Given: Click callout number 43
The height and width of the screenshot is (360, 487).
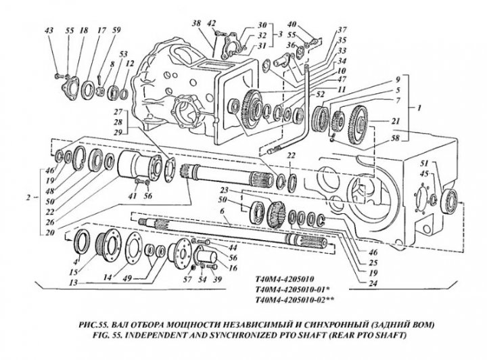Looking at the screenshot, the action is (49, 30).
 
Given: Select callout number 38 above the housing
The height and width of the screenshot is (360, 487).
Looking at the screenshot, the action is (196, 23).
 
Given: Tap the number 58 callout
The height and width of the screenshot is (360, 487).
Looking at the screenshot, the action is (396, 137).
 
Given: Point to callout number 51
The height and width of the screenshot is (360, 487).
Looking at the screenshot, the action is (425, 163).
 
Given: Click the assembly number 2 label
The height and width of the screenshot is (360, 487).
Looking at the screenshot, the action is (28, 197).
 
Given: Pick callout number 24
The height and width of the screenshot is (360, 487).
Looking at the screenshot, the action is (373, 283).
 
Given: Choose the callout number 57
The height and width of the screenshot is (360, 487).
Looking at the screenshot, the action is (187, 279).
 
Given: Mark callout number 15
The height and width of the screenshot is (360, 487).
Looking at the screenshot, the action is (74, 273).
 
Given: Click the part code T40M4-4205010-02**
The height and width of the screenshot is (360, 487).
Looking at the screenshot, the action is (295, 300).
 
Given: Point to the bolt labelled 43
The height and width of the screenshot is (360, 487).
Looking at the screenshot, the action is (57, 76).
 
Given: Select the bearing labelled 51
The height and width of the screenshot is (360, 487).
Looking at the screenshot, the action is (451, 202).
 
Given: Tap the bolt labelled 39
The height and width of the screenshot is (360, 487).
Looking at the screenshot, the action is (213, 267).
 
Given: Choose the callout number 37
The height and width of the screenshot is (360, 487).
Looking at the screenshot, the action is (342, 30).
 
